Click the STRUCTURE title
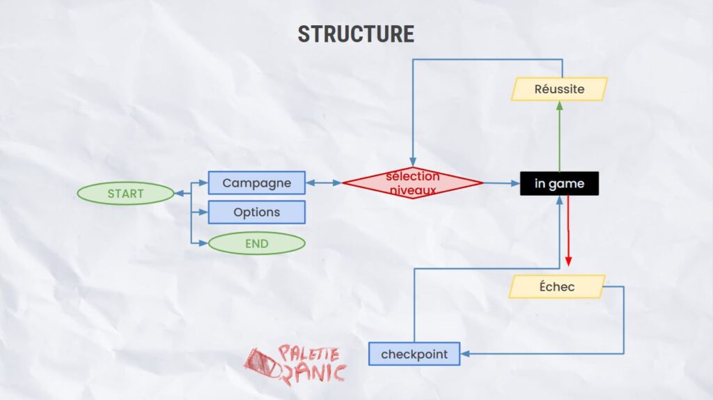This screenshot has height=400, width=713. point(356,34)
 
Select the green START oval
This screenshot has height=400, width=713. point(125,194)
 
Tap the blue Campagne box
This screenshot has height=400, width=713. point(256,183)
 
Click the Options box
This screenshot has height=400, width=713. point(256,212)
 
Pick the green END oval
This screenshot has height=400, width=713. point(256,243)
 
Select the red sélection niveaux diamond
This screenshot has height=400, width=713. point(412,183)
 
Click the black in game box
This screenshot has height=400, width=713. point(559,183)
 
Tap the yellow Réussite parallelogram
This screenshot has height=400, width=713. point(559,89)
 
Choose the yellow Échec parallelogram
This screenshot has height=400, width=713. point(557,286)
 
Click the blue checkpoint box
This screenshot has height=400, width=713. point(414,354)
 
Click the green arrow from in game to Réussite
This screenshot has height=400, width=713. point(559,137)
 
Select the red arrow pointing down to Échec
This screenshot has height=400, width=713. point(568,231)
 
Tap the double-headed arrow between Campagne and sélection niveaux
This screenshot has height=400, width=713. point(324,183)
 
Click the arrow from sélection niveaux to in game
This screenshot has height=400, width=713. point(501,183)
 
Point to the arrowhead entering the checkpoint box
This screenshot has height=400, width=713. point(464,353)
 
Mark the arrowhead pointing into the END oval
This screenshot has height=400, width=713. point(204,243)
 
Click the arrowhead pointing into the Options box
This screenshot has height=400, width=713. point(204,212)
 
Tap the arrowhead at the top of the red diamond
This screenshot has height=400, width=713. point(412,162)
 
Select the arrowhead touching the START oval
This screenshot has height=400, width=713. point(179,194)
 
